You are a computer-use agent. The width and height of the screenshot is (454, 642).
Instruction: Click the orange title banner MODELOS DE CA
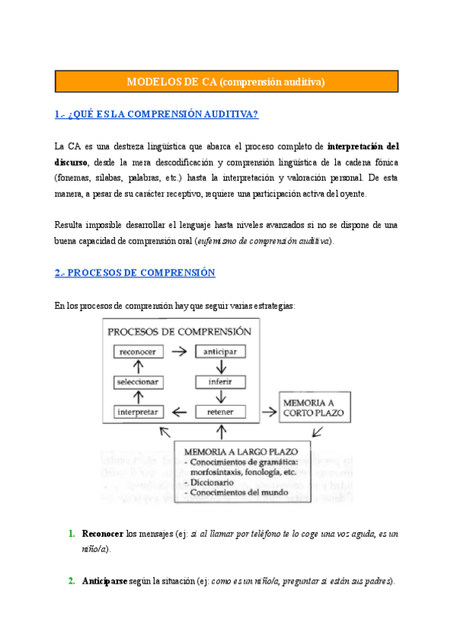pyautogui.click(x=226, y=82)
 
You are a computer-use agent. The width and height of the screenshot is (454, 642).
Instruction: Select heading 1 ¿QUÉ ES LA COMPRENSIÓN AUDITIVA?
pyautogui.click(x=157, y=114)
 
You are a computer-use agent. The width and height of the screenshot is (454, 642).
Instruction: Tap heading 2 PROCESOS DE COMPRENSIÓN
pyautogui.click(x=135, y=273)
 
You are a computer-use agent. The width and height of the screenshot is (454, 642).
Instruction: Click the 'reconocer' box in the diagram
pyautogui.click(x=138, y=352)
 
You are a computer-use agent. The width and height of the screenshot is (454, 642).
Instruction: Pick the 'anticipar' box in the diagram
pyautogui.click(x=220, y=352)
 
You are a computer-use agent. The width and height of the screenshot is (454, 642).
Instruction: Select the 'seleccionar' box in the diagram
pyautogui.click(x=138, y=382)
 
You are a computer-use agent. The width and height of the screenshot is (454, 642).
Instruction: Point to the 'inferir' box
pyautogui.click(x=220, y=382)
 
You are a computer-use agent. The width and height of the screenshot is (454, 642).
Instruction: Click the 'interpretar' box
pyautogui.click(x=138, y=412)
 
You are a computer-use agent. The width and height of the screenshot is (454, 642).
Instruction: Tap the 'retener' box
pyautogui.click(x=220, y=412)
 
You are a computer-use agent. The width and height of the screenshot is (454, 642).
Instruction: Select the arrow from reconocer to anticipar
pyautogui.click(x=179, y=352)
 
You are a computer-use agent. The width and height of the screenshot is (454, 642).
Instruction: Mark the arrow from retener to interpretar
pyautogui.click(x=179, y=413)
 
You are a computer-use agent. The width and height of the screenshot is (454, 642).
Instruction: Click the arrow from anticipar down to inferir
pyautogui.click(x=220, y=367)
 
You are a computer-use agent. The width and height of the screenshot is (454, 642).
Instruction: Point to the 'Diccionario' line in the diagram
pyautogui.click(x=210, y=481)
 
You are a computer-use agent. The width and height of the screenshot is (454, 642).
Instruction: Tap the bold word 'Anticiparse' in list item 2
pyautogui.click(x=105, y=581)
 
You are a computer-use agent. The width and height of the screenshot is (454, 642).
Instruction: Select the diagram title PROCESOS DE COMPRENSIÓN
pyautogui.click(x=179, y=332)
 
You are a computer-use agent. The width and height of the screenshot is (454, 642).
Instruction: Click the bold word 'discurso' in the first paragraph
pyautogui.click(x=71, y=162)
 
